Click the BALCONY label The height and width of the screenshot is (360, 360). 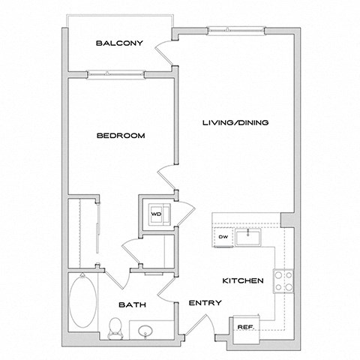point(119,43)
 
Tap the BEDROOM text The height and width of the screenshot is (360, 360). point(120,136)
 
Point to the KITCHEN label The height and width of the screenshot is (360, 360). point(241,280)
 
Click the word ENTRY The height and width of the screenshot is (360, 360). point(205,304)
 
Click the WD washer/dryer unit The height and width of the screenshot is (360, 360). point(158,213)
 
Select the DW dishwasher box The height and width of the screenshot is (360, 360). point(223,238)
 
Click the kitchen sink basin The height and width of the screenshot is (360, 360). point(247,238)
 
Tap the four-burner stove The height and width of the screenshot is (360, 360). point(284,281)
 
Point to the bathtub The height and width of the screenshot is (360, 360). point(82,300)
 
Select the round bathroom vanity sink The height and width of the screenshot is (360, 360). point(145,328)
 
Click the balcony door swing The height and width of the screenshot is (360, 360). point(164,54)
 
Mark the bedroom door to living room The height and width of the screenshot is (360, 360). point(169,180)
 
